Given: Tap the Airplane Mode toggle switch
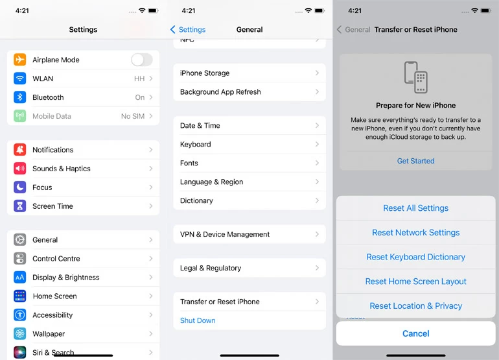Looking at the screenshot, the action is click(142, 60).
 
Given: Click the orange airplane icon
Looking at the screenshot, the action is click(19, 60).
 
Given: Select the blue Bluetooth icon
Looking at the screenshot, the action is click(19, 97).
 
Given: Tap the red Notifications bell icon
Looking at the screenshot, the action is click(19, 149).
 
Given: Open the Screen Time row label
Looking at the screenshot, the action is click(52, 206).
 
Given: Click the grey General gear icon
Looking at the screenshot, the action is click(19, 239).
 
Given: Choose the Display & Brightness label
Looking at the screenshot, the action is click(66, 278).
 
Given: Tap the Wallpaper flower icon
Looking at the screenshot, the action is click(19, 333).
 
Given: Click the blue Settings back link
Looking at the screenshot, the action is click(188, 30).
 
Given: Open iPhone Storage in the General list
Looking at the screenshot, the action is click(205, 73).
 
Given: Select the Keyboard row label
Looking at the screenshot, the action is click(196, 144).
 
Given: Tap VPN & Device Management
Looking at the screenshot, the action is click(225, 234).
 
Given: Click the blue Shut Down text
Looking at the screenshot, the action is click(198, 320).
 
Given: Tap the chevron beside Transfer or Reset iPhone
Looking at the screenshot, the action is click(317, 302).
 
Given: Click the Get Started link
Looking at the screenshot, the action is click(415, 161).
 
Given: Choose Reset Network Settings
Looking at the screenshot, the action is click(415, 233).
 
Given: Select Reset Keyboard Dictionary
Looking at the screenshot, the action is click(415, 257).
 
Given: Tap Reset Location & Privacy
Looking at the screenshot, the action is click(415, 306).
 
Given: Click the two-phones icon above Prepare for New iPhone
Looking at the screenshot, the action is click(415, 77).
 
